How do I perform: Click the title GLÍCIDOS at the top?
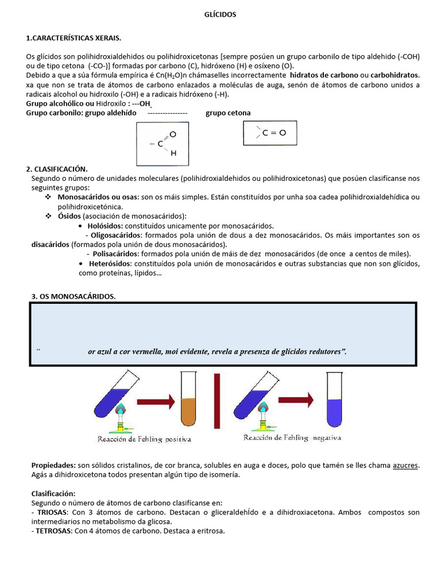pyautogui.click(x=220, y=15)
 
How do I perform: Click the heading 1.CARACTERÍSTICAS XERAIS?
pyautogui.click(x=74, y=38)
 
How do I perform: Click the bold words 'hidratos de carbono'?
pyautogui.click(x=323, y=75)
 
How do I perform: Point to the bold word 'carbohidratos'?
pyautogui.click(x=394, y=75)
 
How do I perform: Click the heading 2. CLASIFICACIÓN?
pyautogui.click(x=57, y=169)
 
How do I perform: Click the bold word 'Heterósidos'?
pyautogui.click(x=110, y=263)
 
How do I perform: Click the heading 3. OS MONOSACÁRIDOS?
pyautogui.click(x=73, y=296)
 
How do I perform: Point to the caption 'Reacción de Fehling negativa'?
pyautogui.click(x=292, y=438)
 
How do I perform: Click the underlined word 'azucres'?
pyautogui.click(x=405, y=466)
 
